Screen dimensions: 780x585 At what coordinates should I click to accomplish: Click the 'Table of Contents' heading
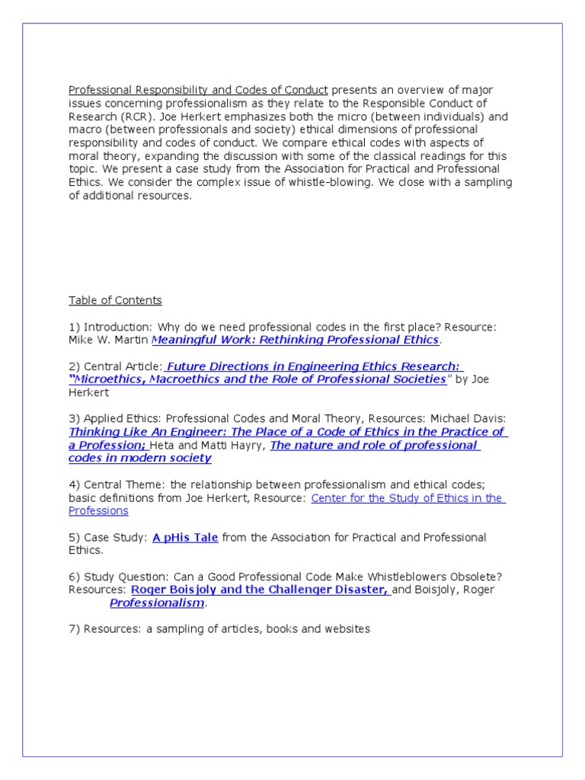coord(115,300)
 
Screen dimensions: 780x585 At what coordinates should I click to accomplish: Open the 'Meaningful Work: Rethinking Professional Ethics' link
coord(296,340)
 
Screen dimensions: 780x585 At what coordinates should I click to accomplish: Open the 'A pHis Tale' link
coord(185,538)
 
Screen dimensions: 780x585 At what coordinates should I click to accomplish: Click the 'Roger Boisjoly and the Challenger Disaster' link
coord(260,590)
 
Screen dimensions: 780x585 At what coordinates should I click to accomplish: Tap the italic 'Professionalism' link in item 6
coord(157,603)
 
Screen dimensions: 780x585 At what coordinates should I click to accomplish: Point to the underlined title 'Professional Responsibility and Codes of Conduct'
coord(198,90)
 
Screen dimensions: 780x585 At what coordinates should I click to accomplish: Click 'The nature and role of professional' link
coord(374,446)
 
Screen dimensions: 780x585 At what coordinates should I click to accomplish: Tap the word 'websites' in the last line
coord(346,629)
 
